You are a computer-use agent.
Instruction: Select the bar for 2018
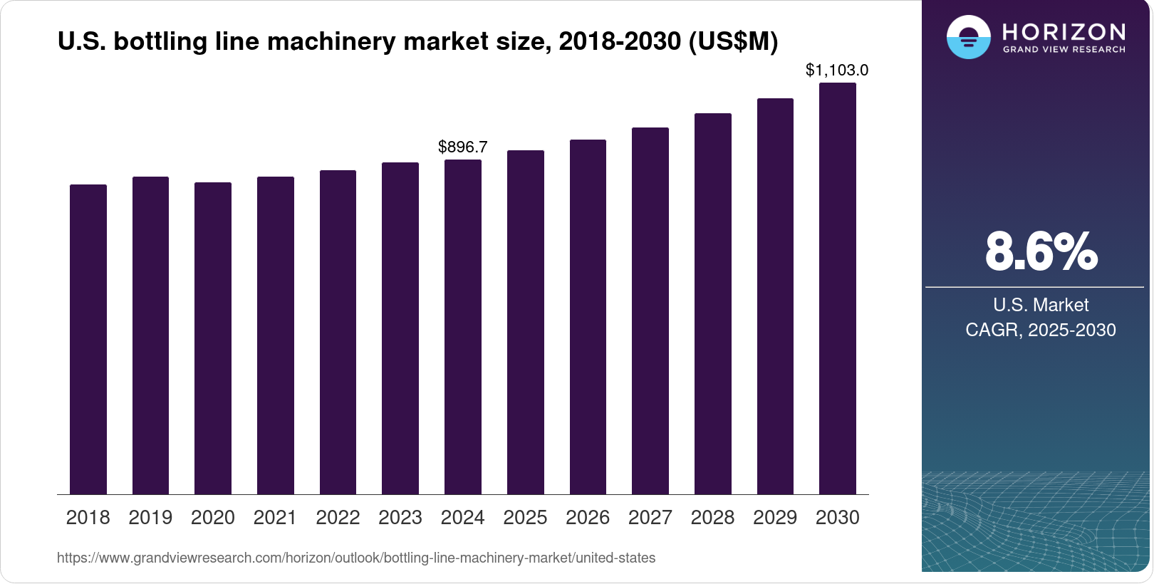(x=88, y=339)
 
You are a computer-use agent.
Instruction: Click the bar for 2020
(x=213, y=338)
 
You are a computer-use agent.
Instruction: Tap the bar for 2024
(x=463, y=327)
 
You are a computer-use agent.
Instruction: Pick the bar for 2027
(x=650, y=311)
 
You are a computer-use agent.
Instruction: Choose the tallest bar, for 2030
(x=838, y=288)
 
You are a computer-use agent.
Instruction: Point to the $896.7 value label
(x=463, y=147)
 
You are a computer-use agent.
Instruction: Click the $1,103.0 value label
(x=837, y=70)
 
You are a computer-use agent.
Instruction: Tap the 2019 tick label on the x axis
(x=150, y=517)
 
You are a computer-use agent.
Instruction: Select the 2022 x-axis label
(x=338, y=517)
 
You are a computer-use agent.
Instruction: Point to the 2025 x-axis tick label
(x=525, y=517)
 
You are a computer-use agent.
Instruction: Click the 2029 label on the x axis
(x=775, y=517)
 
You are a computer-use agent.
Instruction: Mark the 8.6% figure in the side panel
(x=1041, y=251)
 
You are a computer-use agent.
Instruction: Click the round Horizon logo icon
(x=968, y=37)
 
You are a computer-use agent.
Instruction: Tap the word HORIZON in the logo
(x=1064, y=31)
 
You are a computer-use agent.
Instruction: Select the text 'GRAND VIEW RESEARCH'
(x=1064, y=49)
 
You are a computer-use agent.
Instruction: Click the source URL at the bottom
(x=356, y=558)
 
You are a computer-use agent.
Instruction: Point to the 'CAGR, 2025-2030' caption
(x=1041, y=330)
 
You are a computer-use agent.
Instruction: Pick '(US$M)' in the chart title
(x=733, y=41)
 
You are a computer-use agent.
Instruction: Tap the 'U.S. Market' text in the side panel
(x=1041, y=305)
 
